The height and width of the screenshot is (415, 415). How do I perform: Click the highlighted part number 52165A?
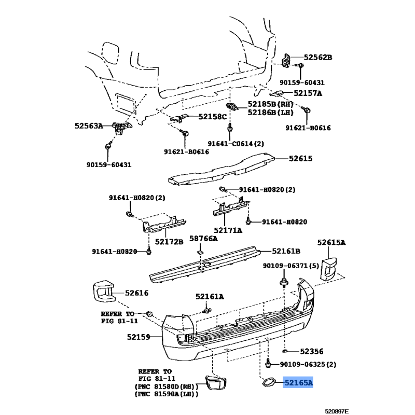pos(298,382)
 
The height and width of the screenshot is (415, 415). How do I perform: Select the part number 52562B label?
pos(317,57)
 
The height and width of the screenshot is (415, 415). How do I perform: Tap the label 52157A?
pos(308,93)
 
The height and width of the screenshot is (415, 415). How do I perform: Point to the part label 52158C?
pos(213,116)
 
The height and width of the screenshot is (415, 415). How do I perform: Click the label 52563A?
pos(89,126)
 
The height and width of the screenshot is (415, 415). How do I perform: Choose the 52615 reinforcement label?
pos(300,158)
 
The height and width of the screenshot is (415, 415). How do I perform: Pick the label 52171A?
pos(228,230)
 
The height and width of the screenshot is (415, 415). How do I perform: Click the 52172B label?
pos(169,242)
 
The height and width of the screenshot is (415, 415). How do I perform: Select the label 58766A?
pos(203,239)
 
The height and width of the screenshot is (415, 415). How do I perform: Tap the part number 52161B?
pos(286,251)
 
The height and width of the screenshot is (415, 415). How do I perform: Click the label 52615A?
pos(331,242)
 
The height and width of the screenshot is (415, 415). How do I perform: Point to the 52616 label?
pos(136,293)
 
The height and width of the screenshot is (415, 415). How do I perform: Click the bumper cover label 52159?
pos(139,337)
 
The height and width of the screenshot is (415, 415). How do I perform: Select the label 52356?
pos(312,352)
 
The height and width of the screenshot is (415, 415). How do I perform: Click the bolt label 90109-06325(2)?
pos(308,365)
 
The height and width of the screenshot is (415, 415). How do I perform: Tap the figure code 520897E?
pos(337,411)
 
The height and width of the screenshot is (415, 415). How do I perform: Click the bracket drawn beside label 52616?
pos(104,291)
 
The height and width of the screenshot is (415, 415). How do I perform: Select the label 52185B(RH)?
pos(270,104)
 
